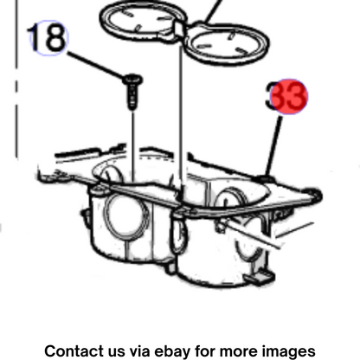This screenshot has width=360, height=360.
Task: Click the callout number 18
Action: click(x=48, y=38)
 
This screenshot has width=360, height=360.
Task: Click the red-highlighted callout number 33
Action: click(x=286, y=96)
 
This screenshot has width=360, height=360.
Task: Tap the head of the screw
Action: click(x=132, y=79)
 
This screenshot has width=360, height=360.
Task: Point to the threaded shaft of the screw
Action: click(x=132, y=97)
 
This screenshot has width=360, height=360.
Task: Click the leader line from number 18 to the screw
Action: click(x=96, y=65)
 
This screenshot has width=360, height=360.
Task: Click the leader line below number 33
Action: click(x=273, y=145)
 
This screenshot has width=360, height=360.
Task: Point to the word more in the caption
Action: click(x=239, y=352)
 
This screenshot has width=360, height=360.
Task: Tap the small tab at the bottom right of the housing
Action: click(x=260, y=276)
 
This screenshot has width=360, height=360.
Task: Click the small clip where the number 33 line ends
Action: click(x=264, y=178)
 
